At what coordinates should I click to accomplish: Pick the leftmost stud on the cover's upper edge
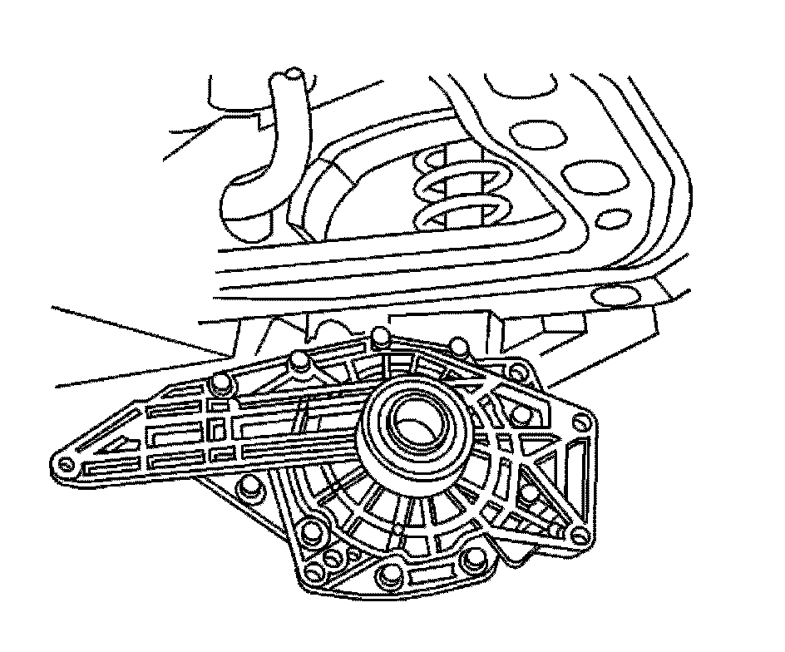point(220,383)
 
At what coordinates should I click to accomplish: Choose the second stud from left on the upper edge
point(299,358)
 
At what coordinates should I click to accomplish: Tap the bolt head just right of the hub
point(521,413)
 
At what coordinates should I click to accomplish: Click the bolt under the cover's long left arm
point(246,488)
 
